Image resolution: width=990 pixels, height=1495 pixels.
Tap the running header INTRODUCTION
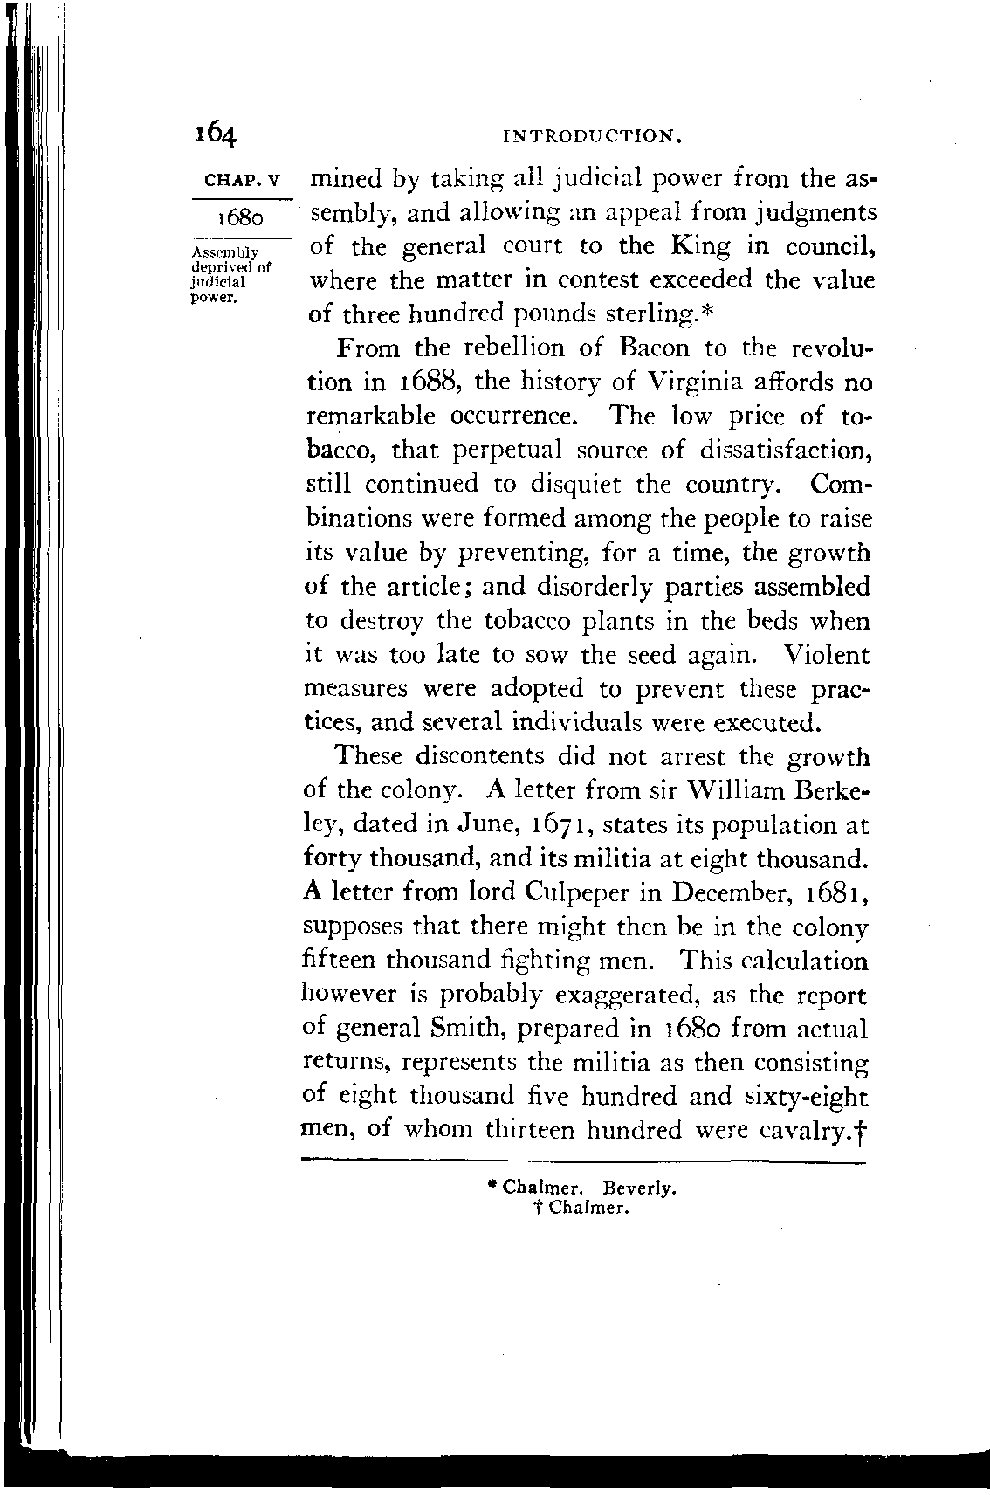(593, 136)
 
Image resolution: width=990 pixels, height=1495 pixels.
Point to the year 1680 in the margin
(241, 216)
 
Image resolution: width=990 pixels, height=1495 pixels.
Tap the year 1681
(838, 893)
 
